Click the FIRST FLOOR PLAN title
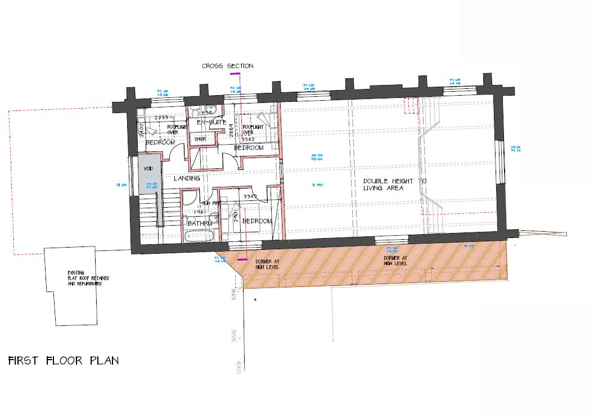point(64,361)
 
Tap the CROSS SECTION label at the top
point(228,66)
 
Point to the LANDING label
point(187,178)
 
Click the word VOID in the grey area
point(149,168)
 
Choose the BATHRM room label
point(200,223)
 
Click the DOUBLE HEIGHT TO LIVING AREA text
point(395,185)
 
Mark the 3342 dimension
point(248,138)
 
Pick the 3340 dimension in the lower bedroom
point(250,196)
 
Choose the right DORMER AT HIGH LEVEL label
point(396,261)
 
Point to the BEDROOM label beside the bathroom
point(257,221)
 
